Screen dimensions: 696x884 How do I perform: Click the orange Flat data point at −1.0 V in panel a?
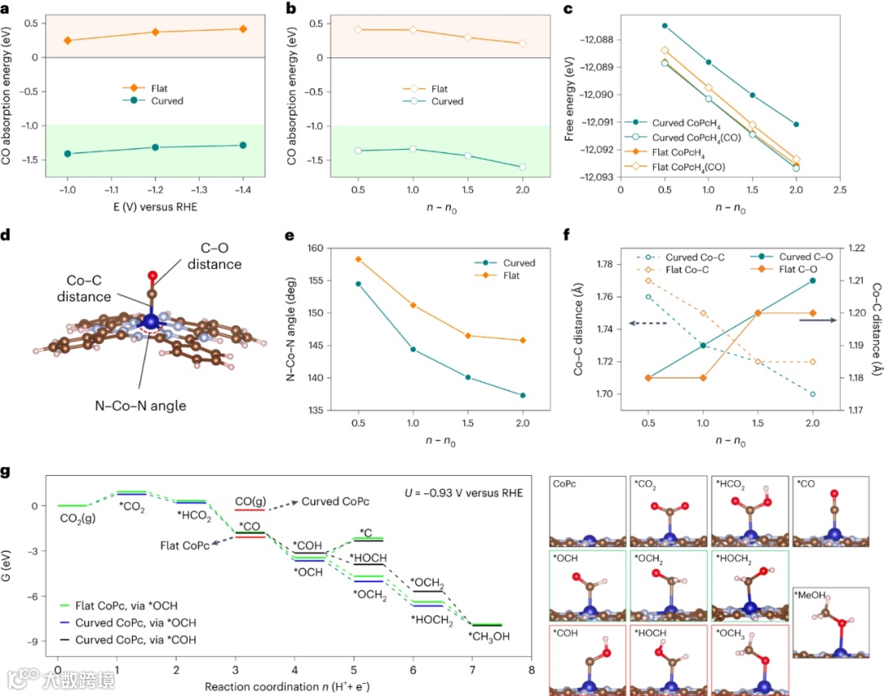click(68, 40)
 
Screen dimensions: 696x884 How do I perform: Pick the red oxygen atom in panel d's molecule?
click(153, 275)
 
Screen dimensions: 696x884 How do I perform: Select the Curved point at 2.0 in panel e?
click(522, 395)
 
